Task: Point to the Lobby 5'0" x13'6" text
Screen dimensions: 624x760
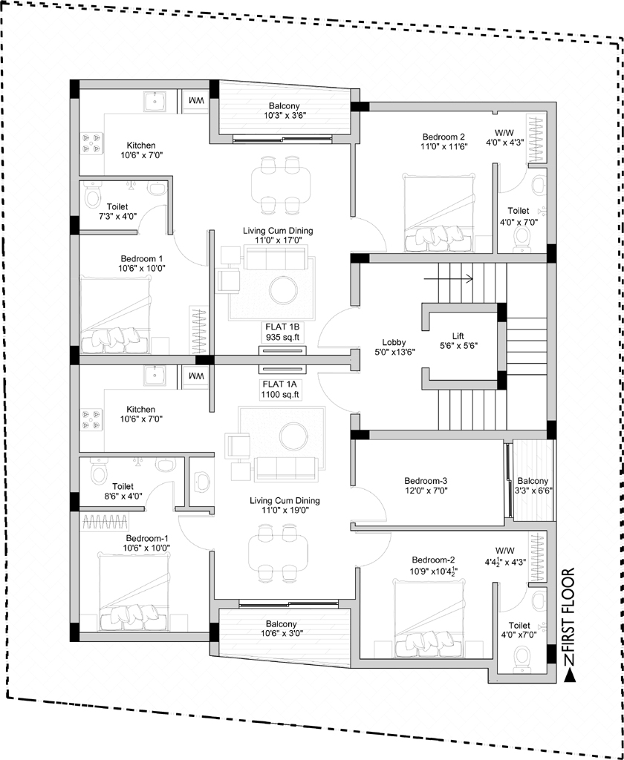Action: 394,347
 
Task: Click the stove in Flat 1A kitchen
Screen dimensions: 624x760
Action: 92,420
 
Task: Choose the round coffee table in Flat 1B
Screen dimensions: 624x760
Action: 285,291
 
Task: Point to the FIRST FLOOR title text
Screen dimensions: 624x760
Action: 568,612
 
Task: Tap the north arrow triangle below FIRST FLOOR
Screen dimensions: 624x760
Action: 569,675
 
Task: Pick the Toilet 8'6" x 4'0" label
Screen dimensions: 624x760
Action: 123,491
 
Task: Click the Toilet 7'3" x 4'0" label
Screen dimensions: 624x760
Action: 114,212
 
